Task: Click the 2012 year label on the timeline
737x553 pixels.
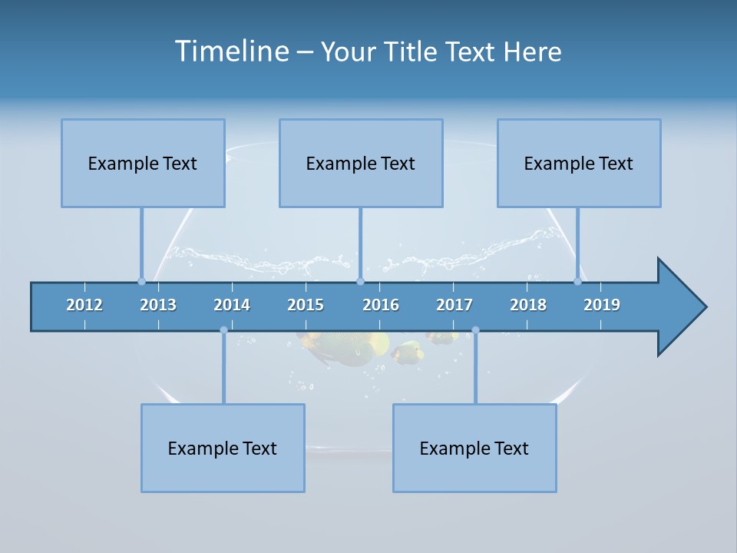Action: (x=84, y=305)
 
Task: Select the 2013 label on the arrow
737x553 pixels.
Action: (x=158, y=305)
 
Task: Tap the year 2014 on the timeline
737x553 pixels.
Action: (x=232, y=305)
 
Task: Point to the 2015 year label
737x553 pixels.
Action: (x=306, y=305)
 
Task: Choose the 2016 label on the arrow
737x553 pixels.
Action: (x=381, y=305)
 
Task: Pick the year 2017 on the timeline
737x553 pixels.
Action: (x=454, y=305)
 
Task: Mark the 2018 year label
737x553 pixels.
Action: (x=528, y=305)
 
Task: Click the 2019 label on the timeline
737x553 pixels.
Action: (x=602, y=305)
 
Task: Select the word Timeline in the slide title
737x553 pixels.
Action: (x=231, y=51)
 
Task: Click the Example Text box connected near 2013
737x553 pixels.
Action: (x=143, y=163)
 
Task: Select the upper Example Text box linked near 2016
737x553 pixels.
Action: (x=361, y=163)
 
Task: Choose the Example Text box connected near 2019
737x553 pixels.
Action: (x=579, y=163)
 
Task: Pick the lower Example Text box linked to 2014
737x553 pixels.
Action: (x=223, y=448)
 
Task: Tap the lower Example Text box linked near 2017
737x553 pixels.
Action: (x=474, y=448)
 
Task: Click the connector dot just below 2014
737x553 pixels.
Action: (x=223, y=330)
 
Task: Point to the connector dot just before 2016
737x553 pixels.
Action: (x=360, y=281)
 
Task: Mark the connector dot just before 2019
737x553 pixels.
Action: (x=577, y=281)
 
